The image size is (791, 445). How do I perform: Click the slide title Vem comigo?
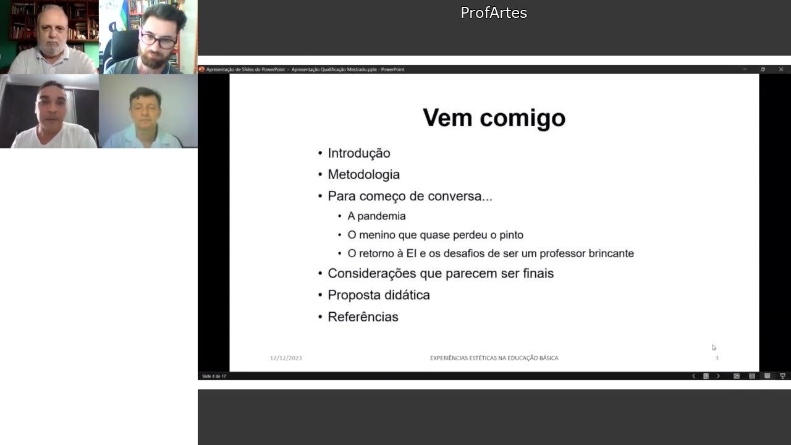(494, 117)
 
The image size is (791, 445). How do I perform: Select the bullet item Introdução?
(358, 153)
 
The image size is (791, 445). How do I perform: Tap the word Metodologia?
(363, 175)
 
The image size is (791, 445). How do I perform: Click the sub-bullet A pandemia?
(376, 216)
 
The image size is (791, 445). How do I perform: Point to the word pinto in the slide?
(510, 235)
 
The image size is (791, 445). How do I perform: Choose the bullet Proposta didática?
(378, 295)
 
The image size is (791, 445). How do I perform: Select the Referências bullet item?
(363, 317)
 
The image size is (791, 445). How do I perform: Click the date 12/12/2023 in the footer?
(286, 358)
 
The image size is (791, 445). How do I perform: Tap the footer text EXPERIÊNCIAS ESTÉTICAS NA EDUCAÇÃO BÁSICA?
(494, 358)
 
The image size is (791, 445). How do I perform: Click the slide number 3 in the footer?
(717, 358)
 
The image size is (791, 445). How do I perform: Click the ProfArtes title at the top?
(494, 13)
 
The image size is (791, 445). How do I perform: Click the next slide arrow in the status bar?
(718, 376)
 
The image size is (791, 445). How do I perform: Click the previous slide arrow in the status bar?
(693, 376)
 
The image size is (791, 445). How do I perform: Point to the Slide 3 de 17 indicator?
(214, 376)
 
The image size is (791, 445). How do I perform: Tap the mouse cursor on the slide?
(714, 347)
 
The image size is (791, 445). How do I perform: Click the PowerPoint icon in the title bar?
(201, 69)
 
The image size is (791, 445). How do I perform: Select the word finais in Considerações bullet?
(537, 274)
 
